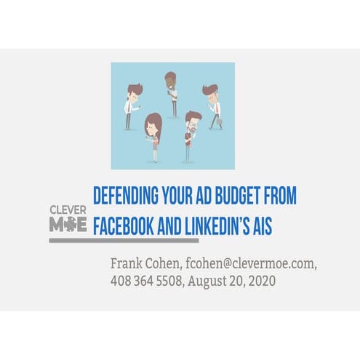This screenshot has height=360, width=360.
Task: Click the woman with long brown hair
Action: click(x=153, y=135)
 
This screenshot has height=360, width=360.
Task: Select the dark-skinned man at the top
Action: click(x=172, y=93)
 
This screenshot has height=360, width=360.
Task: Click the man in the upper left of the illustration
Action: click(x=132, y=105)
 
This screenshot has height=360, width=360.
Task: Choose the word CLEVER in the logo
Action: click(x=67, y=210)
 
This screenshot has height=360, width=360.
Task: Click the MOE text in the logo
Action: click(x=67, y=225)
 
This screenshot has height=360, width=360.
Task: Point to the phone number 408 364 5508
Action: click(x=145, y=280)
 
